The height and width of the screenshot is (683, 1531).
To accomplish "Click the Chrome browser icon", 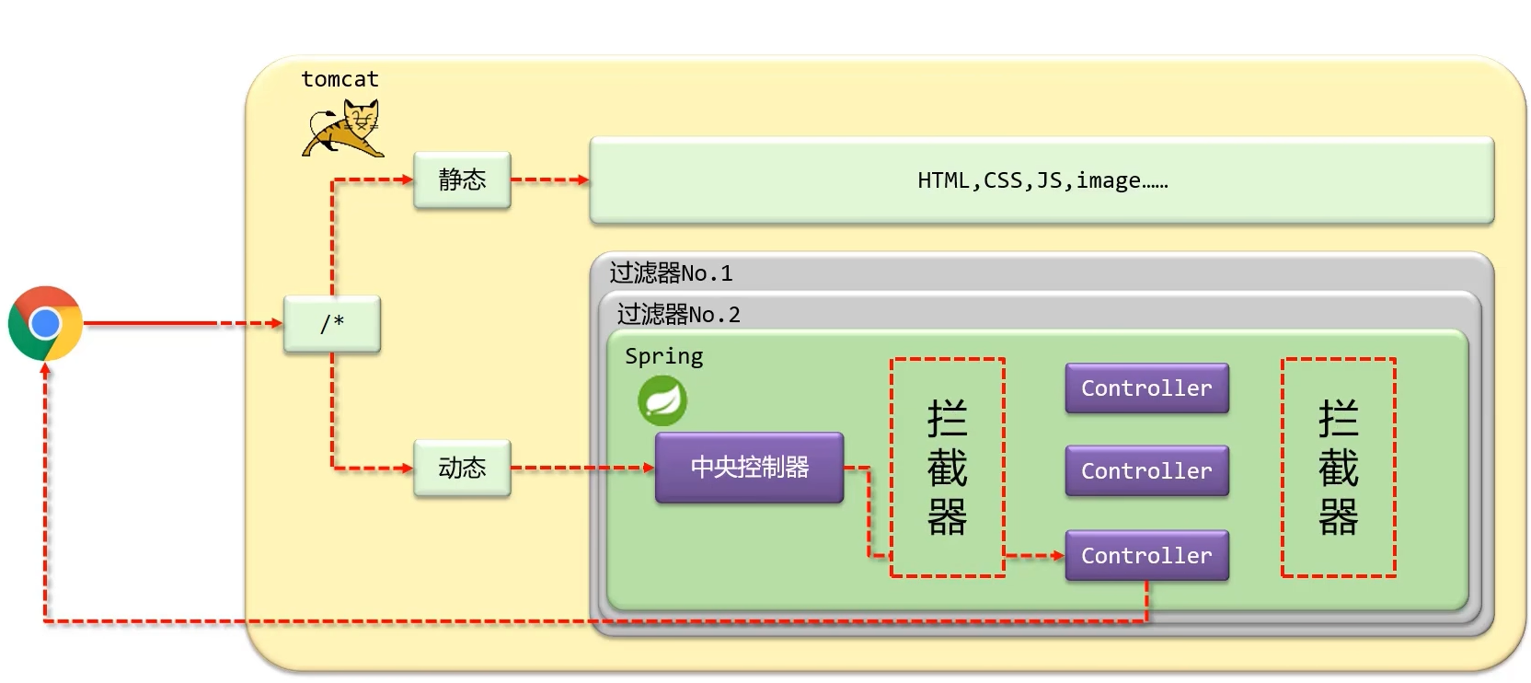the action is (45, 323).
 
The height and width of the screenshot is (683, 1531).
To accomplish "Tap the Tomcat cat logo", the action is (343, 129).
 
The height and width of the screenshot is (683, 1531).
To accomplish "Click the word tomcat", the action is (340, 79).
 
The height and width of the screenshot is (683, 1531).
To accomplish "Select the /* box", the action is (332, 323).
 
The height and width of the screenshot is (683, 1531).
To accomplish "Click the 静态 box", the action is (462, 179).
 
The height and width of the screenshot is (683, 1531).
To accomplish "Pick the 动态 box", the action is (462, 469).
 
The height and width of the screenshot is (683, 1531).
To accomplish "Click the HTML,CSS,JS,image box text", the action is (1042, 180).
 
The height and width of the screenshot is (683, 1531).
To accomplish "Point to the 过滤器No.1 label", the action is (671, 273).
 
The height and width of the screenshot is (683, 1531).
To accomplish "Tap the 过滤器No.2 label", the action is (679, 315).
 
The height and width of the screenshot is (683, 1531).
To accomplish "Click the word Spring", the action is (663, 356).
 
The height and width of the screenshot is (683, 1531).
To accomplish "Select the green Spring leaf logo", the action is (662, 400).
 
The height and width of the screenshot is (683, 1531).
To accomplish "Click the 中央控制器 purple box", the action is (749, 468).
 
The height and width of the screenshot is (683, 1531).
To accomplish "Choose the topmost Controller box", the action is (1147, 388).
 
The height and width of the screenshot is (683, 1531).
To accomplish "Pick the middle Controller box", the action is (1147, 471).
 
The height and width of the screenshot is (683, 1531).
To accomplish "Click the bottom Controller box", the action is (1147, 556).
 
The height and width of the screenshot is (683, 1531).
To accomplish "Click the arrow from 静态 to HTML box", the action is (550, 179).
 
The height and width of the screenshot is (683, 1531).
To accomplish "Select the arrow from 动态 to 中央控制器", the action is (583, 469).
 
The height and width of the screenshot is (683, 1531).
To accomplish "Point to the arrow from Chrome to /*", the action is (183, 323).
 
